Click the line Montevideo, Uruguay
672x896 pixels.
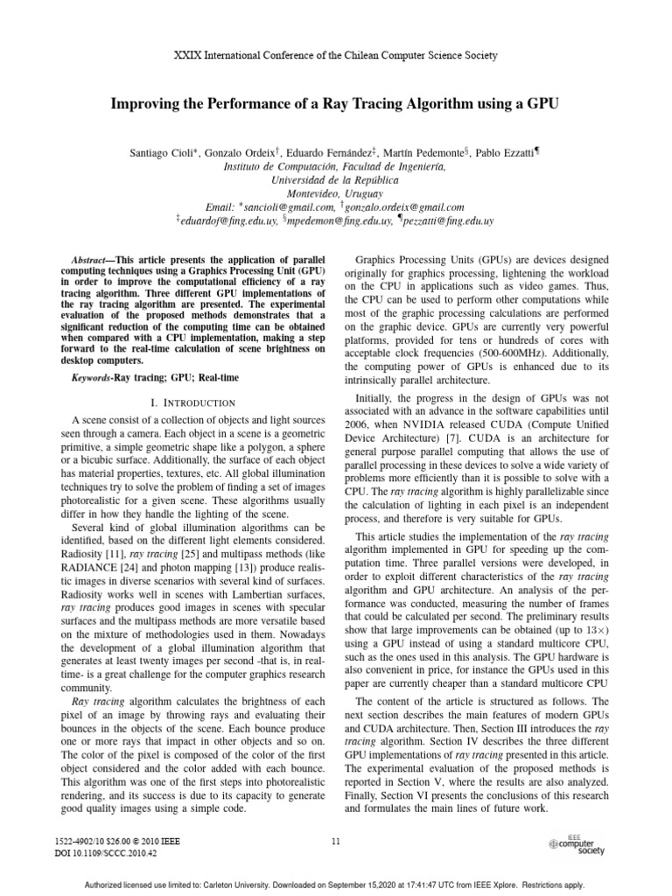pyautogui.click(x=335, y=192)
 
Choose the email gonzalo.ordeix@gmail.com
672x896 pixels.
pyautogui.click(x=404, y=207)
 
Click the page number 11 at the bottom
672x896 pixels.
pyautogui.click(x=336, y=842)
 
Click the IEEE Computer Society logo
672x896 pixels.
pyautogui.click(x=576, y=843)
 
